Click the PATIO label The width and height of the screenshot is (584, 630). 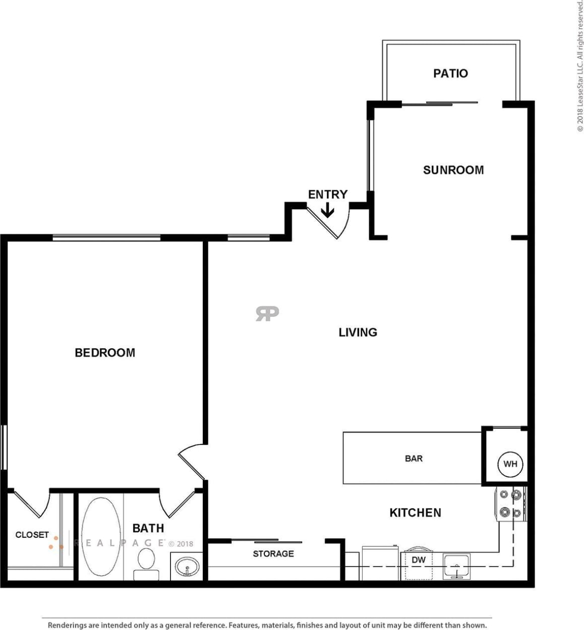[450, 74]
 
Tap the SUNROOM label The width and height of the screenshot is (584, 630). [453, 170]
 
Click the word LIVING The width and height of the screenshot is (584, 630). [358, 332]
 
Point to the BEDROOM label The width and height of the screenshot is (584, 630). [105, 353]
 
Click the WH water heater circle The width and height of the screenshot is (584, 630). [510, 464]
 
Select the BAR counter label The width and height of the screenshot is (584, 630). [414, 459]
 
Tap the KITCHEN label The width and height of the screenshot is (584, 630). [415, 513]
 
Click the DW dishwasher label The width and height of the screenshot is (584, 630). [419, 560]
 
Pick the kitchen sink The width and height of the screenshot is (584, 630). [456, 566]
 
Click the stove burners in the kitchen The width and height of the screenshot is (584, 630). [510, 503]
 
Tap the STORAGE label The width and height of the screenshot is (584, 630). [273, 554]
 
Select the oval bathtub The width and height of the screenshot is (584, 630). [101, 536]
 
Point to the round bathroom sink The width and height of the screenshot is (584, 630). [187, 567]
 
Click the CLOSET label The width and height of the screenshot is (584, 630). [32, 535]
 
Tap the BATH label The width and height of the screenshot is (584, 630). [148, 528]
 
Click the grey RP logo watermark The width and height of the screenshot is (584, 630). [267, 313]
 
